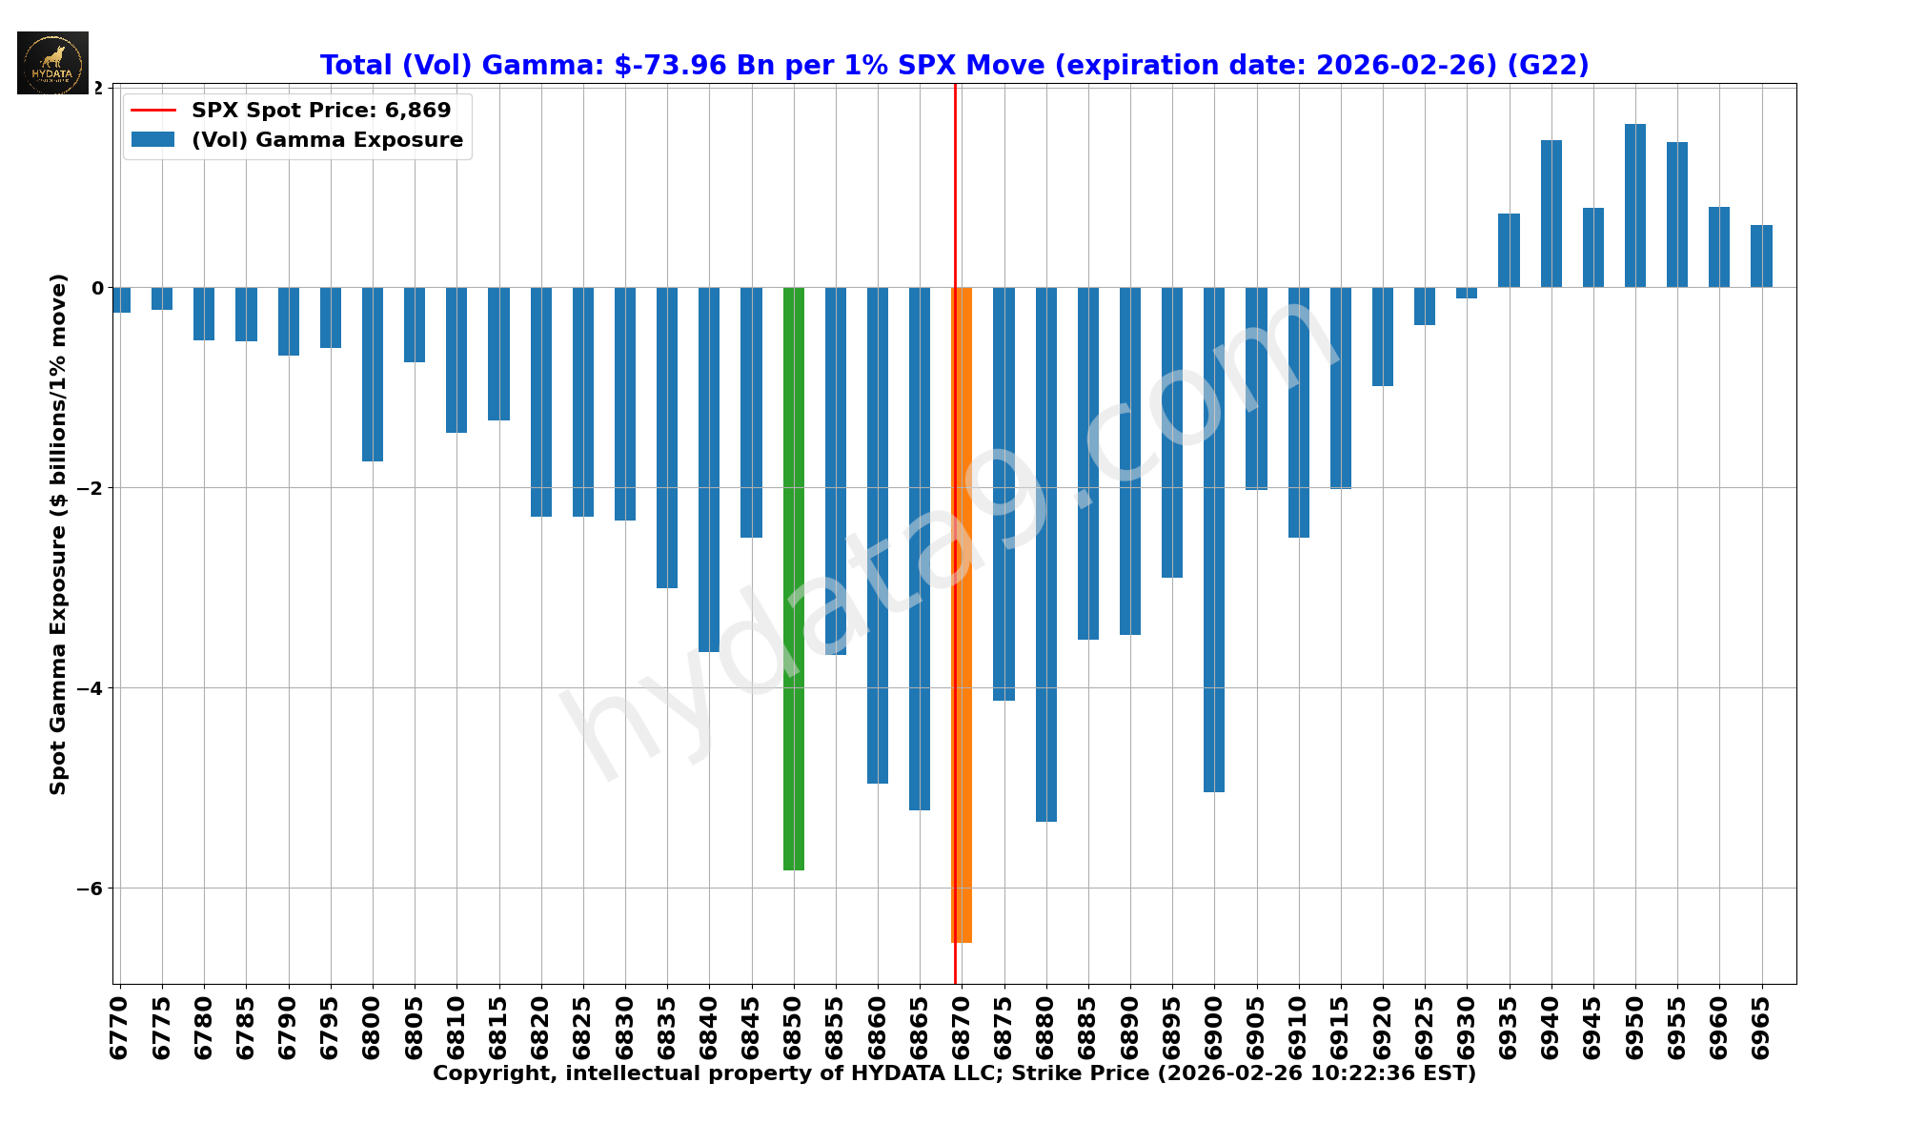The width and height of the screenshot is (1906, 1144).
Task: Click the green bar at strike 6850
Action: click(x=793, y=578)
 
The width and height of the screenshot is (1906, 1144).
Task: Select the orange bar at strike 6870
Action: click(x=962, y=615)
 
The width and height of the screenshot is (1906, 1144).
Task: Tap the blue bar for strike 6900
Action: click(x=1214, y=539)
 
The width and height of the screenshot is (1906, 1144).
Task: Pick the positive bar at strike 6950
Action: click(x=1635, y=206)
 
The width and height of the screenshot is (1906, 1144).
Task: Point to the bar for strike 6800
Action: click(x=373, y=374)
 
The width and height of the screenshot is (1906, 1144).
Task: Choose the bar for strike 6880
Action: click(x=1045, y=554)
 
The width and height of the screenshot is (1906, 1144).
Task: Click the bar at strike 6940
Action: click(x=1551, y=214)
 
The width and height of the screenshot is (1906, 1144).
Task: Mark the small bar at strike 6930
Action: click(x=1467, y=293)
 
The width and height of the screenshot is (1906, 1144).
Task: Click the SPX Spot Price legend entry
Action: click(x=321, y=111)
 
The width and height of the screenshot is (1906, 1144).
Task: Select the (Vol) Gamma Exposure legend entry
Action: click(x=327, y=140)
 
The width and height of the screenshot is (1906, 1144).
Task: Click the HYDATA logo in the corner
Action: click(x=52, y=63)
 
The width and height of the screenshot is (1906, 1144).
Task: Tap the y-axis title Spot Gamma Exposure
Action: click(x=59, y=534)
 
